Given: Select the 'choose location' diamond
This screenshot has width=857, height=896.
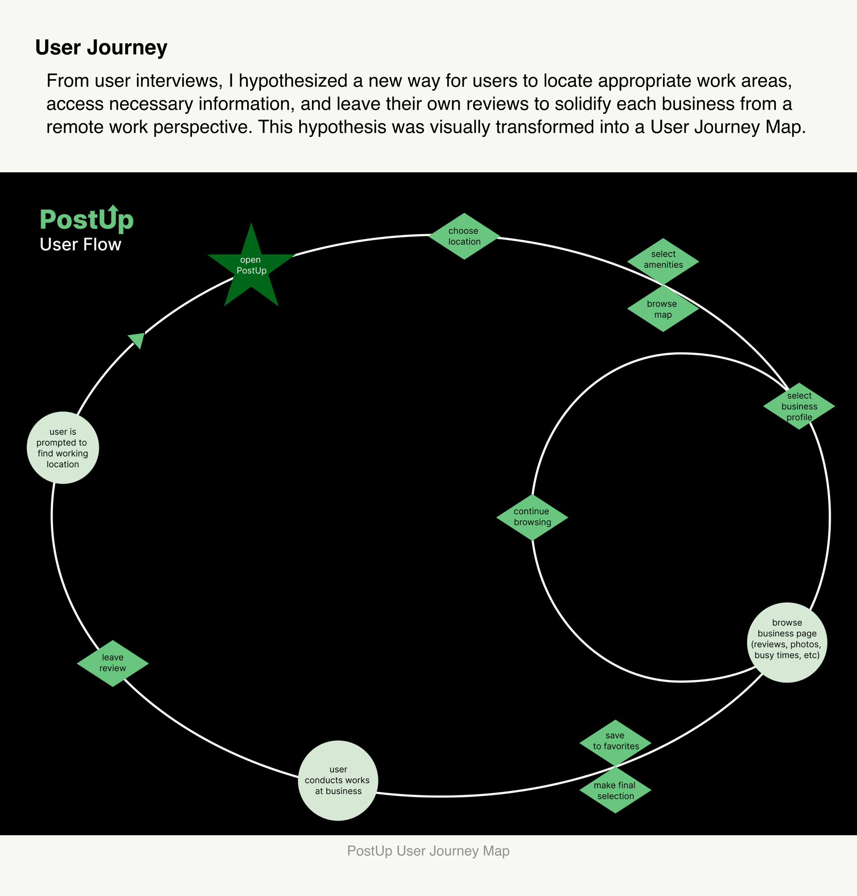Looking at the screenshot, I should coord(464,236).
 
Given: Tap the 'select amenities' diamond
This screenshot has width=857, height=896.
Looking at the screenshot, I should coord(663,261).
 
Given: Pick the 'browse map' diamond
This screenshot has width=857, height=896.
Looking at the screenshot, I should coord(663,309).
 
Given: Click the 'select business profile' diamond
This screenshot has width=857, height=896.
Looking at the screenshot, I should coord(799,406).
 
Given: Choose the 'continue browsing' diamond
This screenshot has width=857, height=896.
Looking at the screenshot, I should coord(532,517).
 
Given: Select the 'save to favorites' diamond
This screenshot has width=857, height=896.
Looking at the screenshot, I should coord(615,742).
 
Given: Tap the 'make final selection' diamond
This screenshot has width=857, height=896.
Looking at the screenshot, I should coord(615,790).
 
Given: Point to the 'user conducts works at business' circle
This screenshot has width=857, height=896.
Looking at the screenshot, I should coord(338,781).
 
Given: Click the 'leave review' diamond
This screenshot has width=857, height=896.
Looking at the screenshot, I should coord(113,663).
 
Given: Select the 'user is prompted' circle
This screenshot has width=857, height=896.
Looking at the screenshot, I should coord(63,447).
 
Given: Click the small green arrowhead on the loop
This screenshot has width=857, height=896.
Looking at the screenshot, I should coord(137,339).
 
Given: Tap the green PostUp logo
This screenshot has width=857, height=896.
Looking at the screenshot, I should coord(86,220).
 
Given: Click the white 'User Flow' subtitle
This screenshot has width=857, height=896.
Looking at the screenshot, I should coord(81,245).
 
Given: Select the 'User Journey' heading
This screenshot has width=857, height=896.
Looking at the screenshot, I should coord(101,48).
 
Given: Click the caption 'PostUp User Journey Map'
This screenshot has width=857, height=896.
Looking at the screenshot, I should coord(428,851).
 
